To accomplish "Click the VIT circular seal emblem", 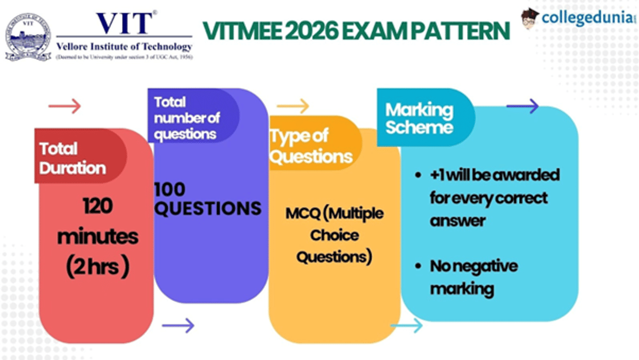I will click(28, 37).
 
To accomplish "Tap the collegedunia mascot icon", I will click(530, 18).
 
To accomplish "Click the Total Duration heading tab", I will click(72, 158).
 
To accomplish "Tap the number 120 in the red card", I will click(97, 206).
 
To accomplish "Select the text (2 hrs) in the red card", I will click(97, 267).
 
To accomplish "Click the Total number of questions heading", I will click(186, 118).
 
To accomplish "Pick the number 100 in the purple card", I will click(170, 189).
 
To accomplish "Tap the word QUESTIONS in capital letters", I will click(208, 208).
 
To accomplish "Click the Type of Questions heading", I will click(310, 146).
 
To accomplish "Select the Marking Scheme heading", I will click(419, 119).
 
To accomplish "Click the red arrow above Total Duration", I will click(64, 106).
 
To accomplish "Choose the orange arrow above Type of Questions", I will click(292, 106).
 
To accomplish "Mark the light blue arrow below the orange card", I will click(406, 325).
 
